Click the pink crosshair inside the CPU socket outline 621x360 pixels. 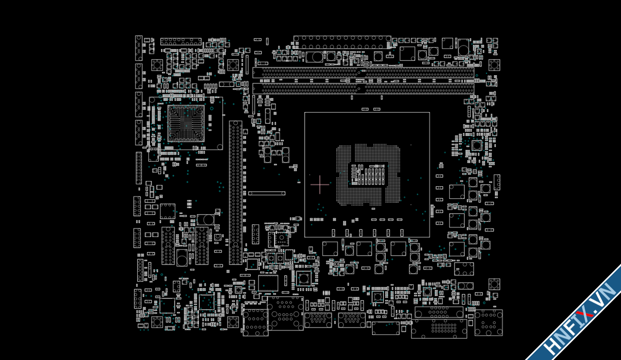(320, 184)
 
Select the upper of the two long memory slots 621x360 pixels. (363, 73)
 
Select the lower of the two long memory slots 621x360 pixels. (363, 89)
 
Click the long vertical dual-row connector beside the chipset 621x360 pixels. (236, 193)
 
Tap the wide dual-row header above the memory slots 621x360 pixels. (342, 42)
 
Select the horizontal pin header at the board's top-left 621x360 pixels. (181, 42)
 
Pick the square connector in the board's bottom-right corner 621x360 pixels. (489, 323)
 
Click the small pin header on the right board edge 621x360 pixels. (497, 182)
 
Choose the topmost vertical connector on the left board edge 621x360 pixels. (139, 48)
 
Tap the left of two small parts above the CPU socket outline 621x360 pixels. (365, 109)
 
